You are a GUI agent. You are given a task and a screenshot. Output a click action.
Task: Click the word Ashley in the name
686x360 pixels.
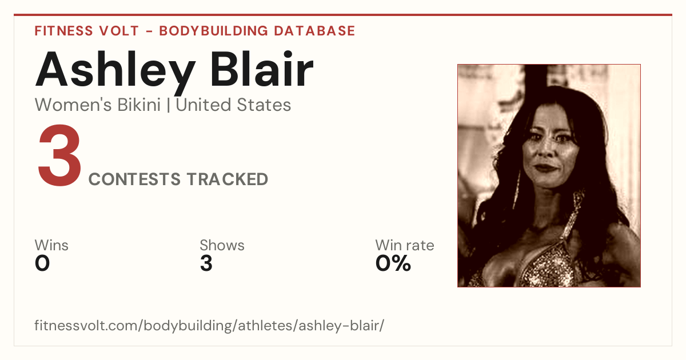115,72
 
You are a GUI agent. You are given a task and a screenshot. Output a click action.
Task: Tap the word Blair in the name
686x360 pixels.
262,69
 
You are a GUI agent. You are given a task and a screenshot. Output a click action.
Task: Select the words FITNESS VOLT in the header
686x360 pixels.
87,31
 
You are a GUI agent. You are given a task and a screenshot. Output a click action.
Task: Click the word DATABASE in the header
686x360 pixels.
314,31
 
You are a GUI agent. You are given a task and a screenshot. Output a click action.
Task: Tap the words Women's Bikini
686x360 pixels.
98,105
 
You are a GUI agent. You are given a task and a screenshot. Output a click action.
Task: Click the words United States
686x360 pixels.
233,105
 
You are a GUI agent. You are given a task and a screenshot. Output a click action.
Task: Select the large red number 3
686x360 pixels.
59,155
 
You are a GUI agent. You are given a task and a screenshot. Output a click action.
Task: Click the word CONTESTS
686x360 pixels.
134,179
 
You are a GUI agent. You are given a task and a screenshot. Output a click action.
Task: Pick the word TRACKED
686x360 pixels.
228,179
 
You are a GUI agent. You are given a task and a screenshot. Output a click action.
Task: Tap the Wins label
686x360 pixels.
51,245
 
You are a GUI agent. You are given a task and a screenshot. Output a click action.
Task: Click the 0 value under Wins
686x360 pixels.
42,263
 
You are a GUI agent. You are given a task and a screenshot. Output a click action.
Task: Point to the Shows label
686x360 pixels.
222,245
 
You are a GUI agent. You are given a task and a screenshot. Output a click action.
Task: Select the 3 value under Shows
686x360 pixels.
206,263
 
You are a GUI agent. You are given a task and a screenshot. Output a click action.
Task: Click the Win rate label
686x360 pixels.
405,245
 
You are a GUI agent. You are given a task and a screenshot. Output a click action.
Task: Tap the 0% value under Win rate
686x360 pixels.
393,263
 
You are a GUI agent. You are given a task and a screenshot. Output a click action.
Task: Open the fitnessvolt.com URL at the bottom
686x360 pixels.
209,326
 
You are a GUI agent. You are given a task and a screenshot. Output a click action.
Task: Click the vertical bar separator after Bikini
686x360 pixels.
169,105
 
